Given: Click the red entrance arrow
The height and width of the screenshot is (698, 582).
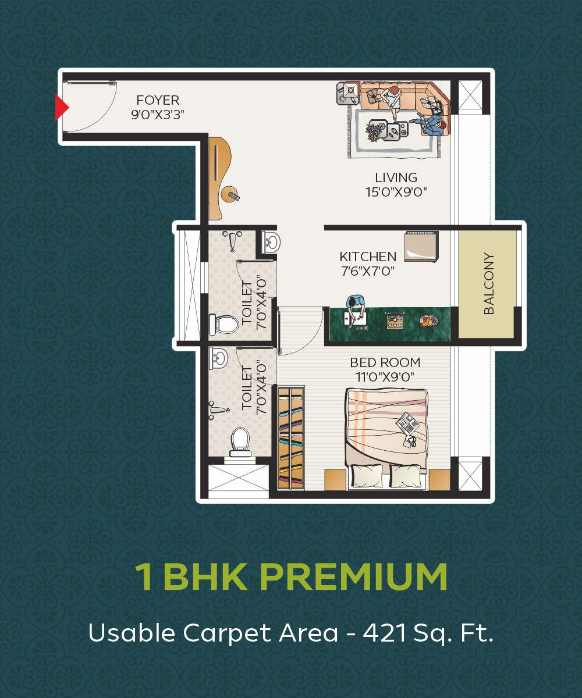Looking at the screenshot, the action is [62, 107].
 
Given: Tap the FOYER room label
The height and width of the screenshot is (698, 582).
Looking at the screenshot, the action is [158, 100].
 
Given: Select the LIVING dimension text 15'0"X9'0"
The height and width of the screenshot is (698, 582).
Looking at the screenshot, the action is [396, 192].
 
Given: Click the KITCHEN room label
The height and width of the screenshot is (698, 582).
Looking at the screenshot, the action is [368, 257].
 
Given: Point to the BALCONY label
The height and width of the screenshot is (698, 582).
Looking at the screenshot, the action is [489, 283].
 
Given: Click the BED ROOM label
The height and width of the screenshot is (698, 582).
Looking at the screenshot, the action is [385, 362].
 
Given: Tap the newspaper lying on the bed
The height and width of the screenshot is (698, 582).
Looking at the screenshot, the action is [407, 423].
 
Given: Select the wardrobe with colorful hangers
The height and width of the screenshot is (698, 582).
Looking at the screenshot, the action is [291, 438].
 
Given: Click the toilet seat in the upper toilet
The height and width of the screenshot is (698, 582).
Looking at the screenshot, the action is [223, 324].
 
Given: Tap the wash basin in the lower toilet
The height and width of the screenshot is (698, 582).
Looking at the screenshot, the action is [218, 358].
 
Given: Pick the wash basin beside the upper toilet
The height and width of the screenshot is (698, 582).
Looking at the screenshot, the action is [271, 241].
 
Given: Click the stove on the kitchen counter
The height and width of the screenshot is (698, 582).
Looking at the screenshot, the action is [395, 320].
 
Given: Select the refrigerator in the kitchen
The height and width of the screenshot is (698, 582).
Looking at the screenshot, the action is [421, 246].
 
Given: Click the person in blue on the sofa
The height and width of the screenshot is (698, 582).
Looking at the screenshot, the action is [431, 124].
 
